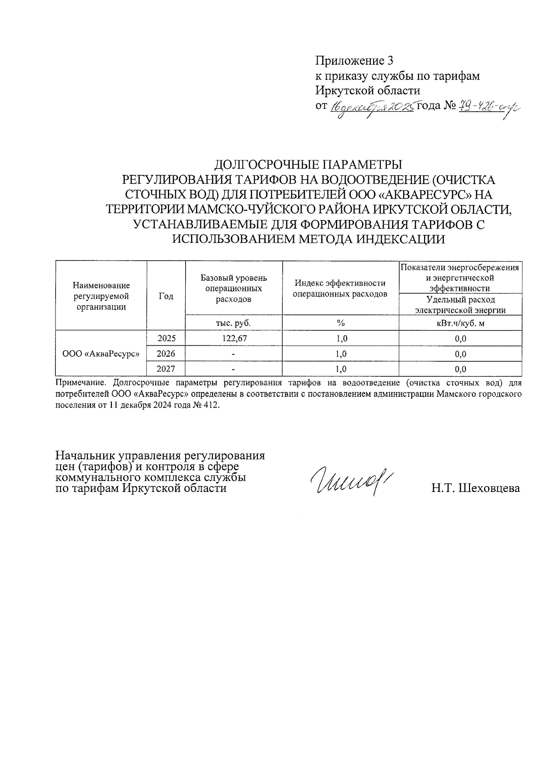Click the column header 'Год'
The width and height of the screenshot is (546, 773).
point(166,296)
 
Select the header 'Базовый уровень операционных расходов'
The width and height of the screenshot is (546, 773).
point(233,288)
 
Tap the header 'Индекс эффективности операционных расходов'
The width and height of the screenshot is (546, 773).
point(340,288)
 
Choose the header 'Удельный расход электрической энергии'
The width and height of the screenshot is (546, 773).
point(460,305)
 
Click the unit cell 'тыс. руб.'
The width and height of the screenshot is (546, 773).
point(233,323)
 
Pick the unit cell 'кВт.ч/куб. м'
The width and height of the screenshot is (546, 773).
point(460,323)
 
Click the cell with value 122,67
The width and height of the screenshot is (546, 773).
point(233,338)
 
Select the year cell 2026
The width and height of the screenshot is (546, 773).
point(166,353)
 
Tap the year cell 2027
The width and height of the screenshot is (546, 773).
point(166,369)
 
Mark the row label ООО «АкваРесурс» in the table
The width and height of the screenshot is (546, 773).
point(101,353)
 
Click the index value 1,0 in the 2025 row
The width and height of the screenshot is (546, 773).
point(341,338)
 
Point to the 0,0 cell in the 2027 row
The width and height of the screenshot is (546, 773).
point(460,369)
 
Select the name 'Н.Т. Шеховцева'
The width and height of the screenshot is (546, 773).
point(475,488)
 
